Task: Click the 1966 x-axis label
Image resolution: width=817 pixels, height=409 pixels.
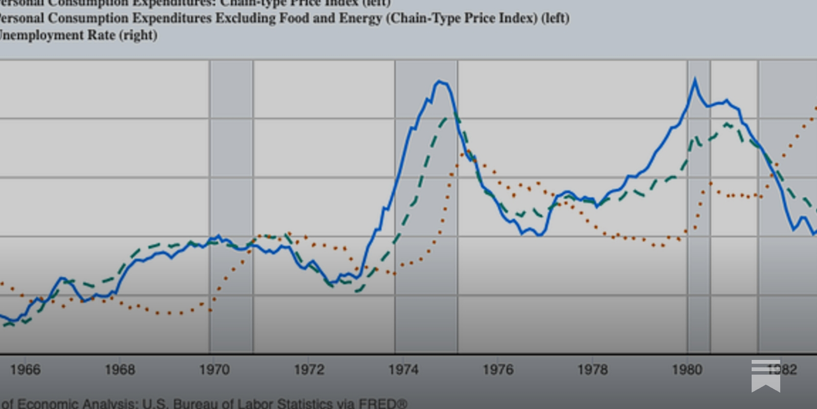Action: tap(25, 370)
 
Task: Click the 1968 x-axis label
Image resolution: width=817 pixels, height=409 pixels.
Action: tap(119, 370)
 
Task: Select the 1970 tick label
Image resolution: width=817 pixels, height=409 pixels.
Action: tap(214, 370)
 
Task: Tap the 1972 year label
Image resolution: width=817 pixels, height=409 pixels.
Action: tap(309, 370)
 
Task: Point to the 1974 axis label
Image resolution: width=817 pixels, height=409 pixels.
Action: tap(403, 370)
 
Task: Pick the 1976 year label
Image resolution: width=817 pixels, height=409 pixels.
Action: tap(498, 370)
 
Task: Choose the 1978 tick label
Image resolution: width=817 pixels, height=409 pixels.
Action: tap(592, 370)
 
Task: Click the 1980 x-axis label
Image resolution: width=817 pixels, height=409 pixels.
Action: tap(687, 370)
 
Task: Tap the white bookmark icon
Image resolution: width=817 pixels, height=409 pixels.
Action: tap(765, 376)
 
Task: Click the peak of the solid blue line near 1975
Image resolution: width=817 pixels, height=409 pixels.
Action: tap(439, 81)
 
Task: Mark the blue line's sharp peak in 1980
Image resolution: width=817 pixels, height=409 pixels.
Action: tap(694, 80)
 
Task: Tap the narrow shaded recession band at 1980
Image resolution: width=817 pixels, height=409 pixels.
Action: tap(699, 204)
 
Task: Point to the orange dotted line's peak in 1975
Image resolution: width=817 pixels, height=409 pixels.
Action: tap(466, 152)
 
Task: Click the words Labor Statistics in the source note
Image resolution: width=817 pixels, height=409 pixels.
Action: tap(286, 403)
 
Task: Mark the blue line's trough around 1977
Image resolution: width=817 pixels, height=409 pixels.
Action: tap(539, 235)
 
